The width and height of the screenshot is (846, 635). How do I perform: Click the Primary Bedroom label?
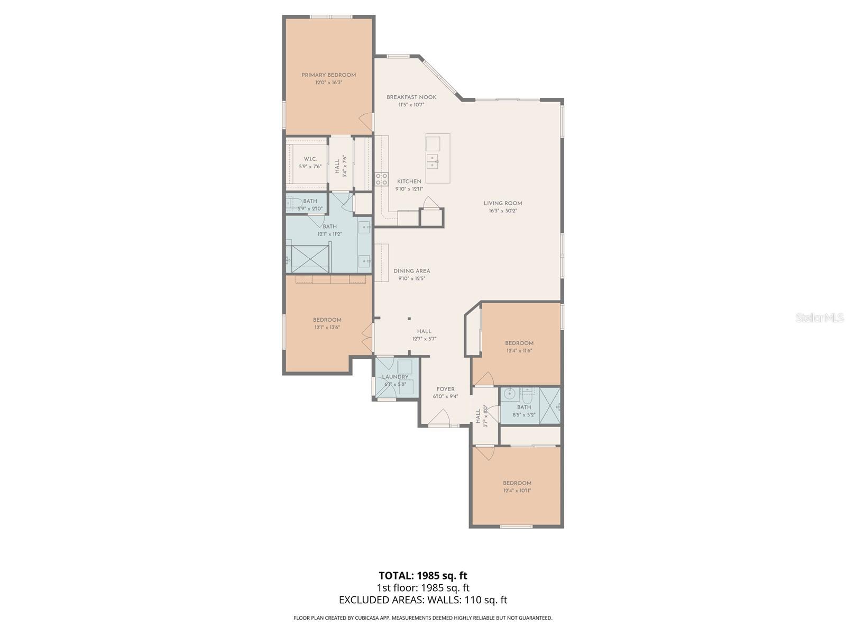coord(328,75)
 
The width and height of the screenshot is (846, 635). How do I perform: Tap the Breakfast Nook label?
coord(411,97)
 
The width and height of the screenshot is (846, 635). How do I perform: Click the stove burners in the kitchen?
coord(381,179)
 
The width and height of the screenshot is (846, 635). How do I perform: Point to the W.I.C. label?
coord(310,159)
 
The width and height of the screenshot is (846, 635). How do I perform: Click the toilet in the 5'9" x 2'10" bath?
coord(293,203)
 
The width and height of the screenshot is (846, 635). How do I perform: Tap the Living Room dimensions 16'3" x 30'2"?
coord(502,211)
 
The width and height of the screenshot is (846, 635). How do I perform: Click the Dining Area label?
coord(411,271)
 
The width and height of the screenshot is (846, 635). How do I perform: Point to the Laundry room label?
coord(395,377)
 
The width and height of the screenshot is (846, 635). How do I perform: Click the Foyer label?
coord(445,389)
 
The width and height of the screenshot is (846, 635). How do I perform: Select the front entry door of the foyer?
coord(439,421)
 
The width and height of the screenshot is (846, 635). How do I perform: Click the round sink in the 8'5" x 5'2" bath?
coord(510,394)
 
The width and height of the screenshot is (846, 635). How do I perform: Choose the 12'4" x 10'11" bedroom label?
coord(517,483)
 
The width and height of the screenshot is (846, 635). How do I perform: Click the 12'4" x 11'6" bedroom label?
coord(519,343)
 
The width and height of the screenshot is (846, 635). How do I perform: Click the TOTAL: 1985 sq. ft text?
coord(422,575)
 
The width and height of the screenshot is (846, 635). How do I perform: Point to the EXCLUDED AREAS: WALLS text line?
coord(422,600)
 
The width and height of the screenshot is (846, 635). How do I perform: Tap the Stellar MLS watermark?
coord(819,317)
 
